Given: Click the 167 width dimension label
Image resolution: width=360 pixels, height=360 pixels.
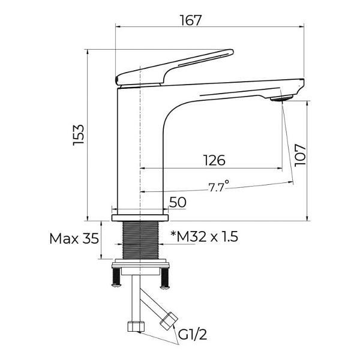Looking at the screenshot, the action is (190, 20).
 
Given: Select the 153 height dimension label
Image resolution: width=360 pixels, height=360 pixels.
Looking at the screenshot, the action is (79, 135).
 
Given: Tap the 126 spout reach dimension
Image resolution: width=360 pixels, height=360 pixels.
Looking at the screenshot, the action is (214, 160).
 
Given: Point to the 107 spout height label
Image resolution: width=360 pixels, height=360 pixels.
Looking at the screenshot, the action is (300, 155).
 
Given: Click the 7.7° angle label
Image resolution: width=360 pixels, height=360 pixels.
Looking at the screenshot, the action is (218, 186).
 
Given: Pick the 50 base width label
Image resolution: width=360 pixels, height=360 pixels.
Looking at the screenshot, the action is (178, 203).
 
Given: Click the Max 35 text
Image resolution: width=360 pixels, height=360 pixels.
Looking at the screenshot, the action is (74, 239).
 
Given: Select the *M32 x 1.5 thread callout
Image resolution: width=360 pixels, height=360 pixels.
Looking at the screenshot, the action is (204, 236).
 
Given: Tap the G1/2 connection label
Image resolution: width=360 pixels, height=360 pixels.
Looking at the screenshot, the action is (193, 335).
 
